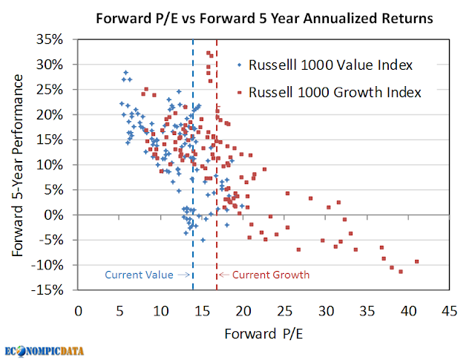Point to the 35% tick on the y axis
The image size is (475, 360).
pyautogui.click(x=57, y=39)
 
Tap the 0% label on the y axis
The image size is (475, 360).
pyautogui.click(x=61, y=215)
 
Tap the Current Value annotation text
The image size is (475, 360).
pyautogui.click(x=139, y=275)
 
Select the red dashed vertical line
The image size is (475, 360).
pyautogui.click(x=217, y=186)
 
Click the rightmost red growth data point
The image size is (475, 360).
pyautogui.click(x=417, y=261)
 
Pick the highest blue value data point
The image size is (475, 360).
pyautogui.click(x=126, y=73)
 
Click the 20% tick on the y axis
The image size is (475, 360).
pyautogui.click(x=57, y=114)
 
